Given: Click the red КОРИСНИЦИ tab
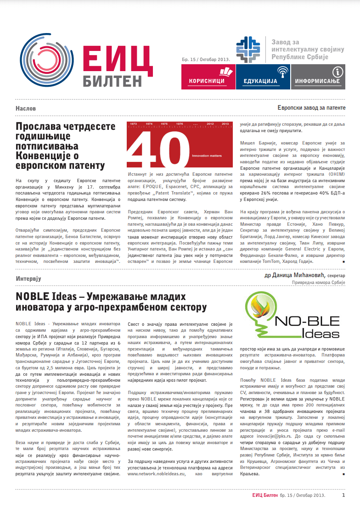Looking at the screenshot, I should pos(208,77).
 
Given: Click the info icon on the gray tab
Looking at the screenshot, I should pos(337,72).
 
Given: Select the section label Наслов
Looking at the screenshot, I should pos(25,108).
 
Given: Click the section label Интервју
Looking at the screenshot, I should pos(28,278).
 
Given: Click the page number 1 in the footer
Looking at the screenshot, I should pos(343,495).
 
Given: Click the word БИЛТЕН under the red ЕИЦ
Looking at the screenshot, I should pos(112,81).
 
